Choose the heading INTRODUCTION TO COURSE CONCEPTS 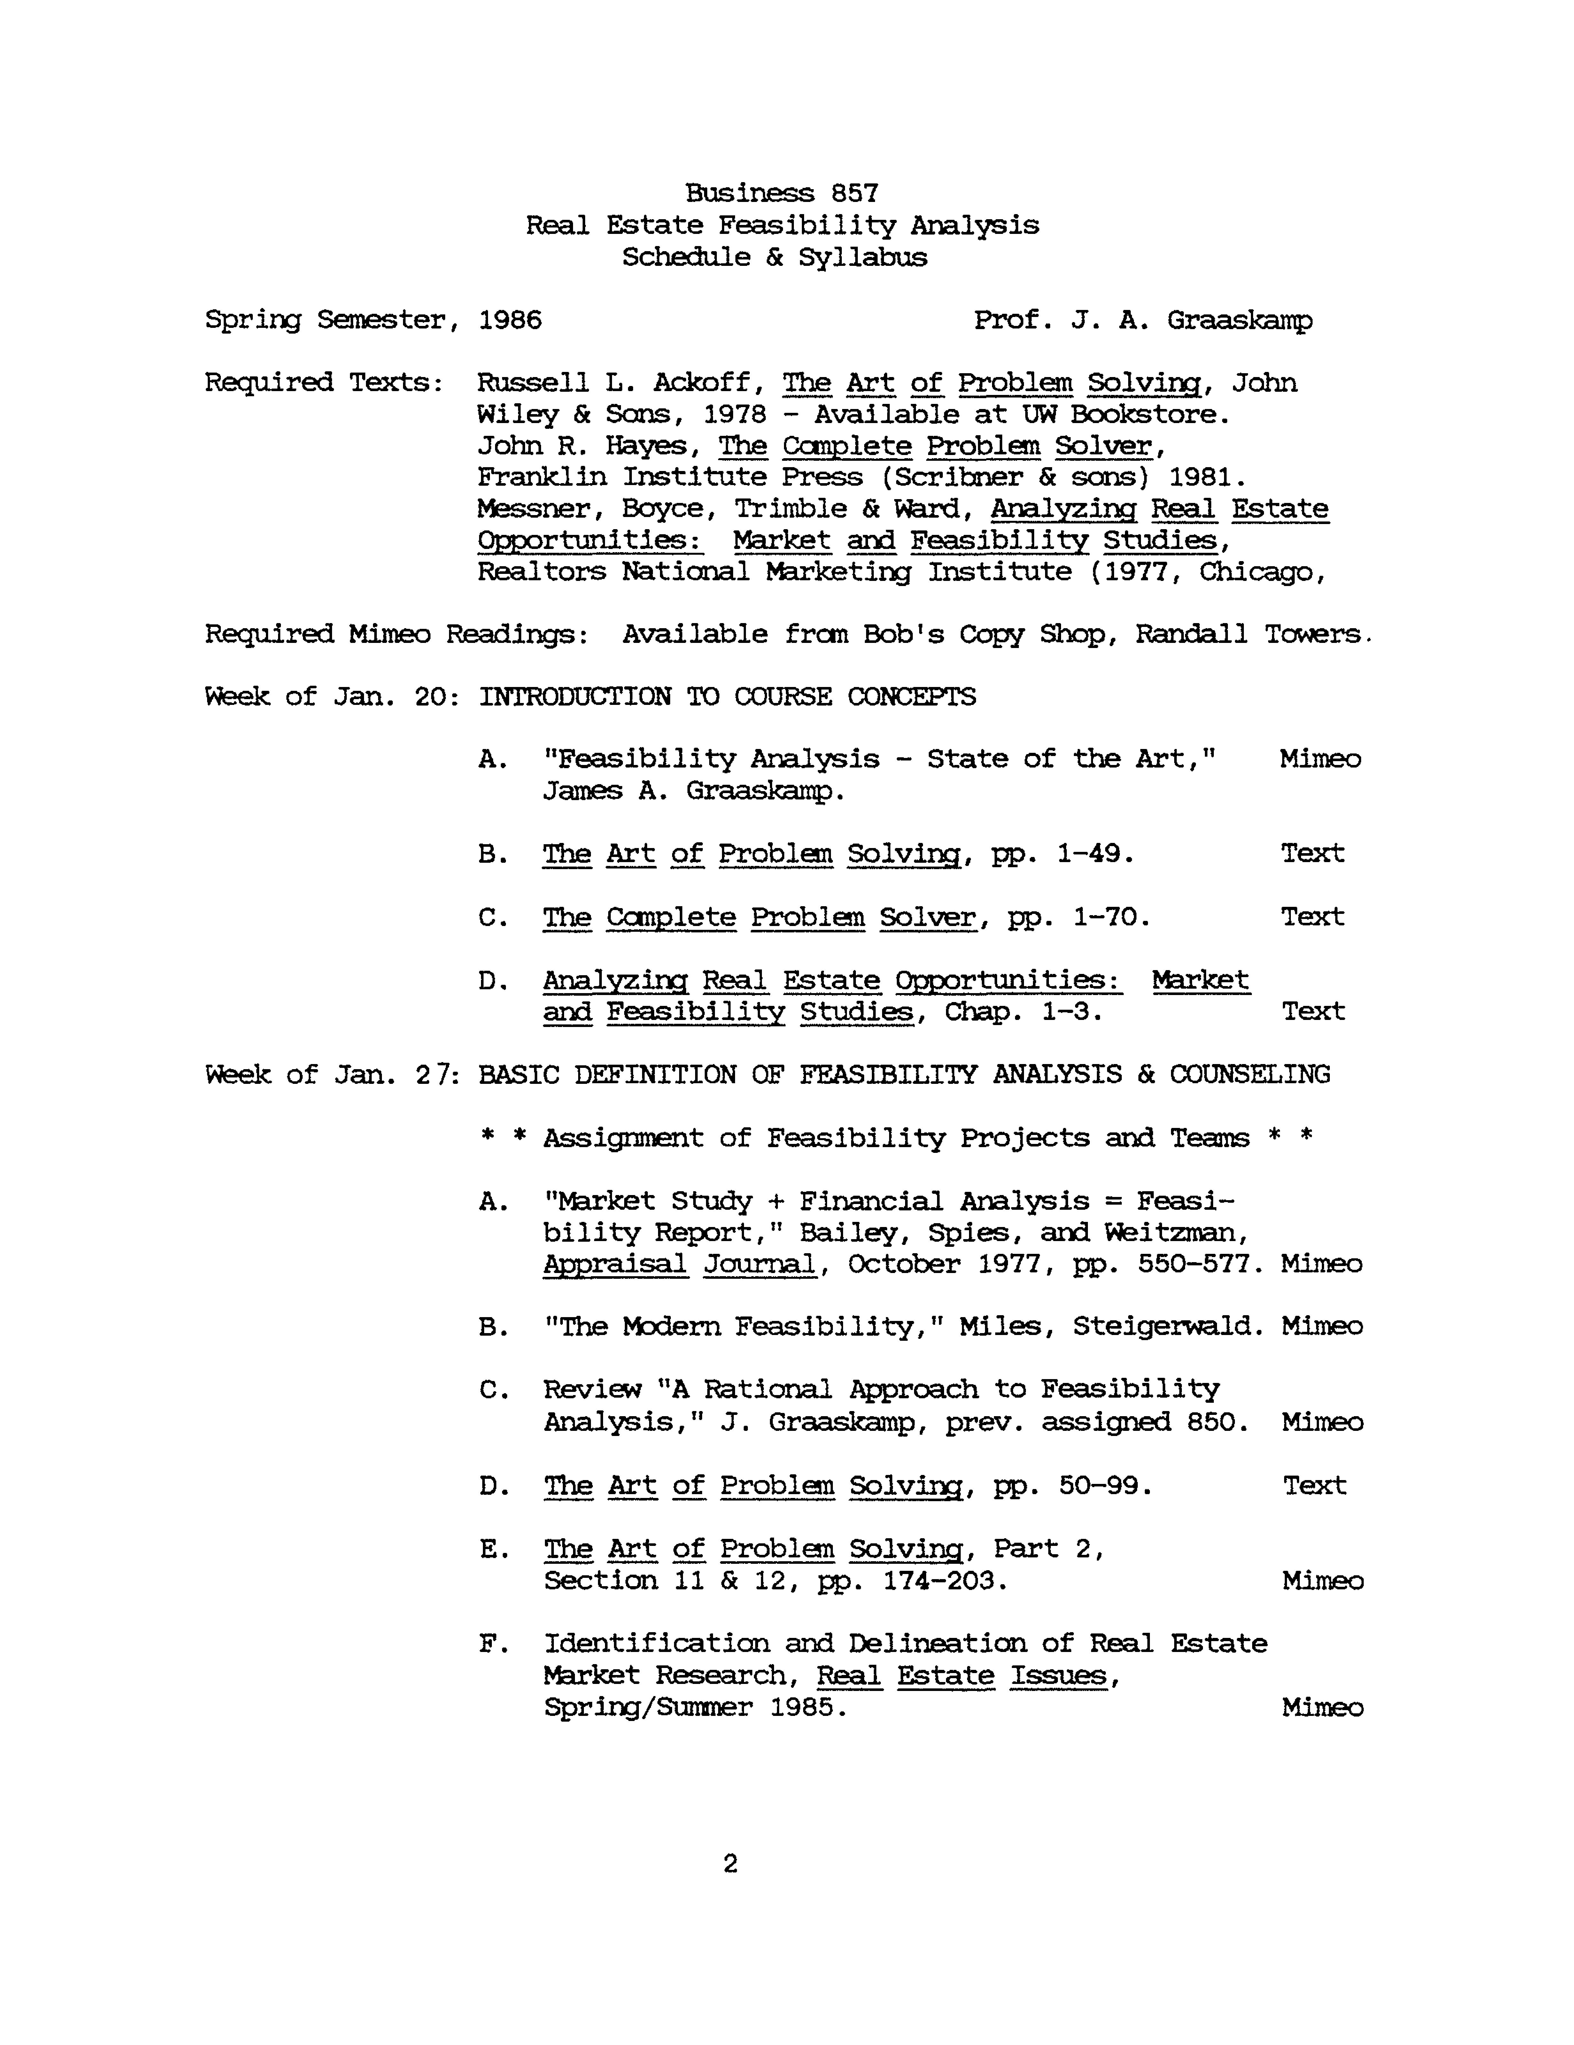click(727, 697)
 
